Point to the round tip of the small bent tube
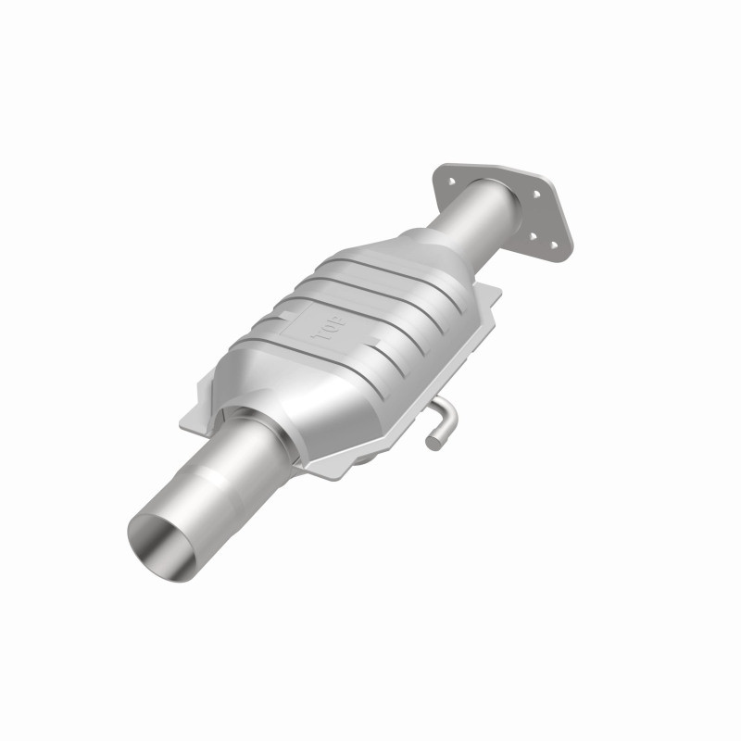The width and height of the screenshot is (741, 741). tap(433, 443)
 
